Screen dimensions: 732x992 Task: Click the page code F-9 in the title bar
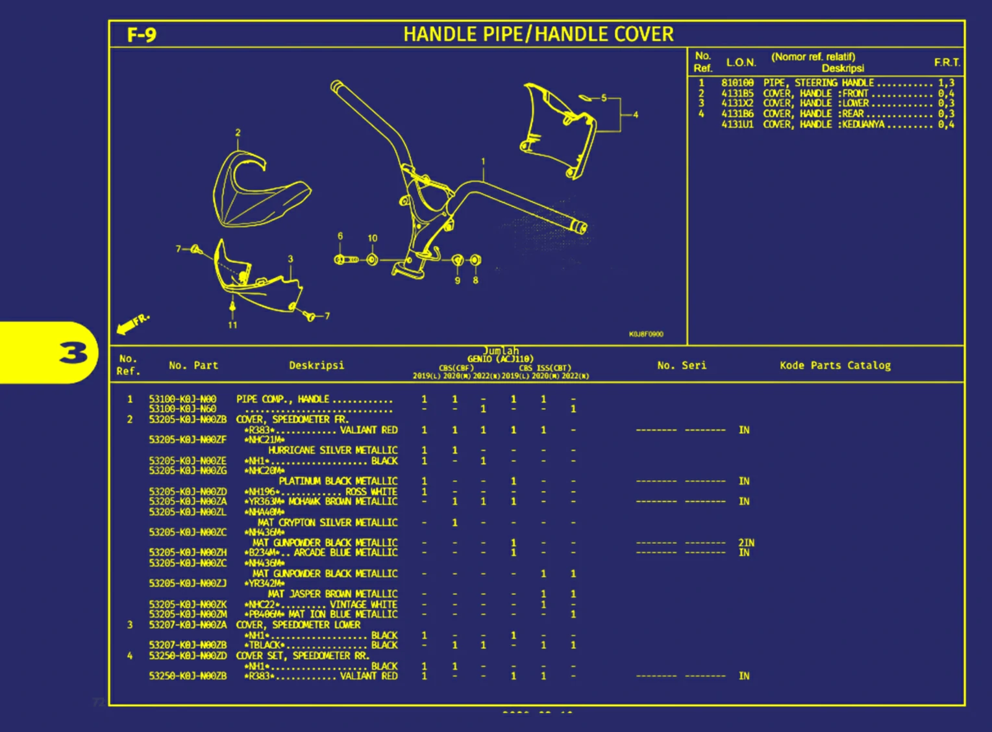(142, 35)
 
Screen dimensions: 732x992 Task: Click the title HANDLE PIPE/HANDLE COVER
(538, 34)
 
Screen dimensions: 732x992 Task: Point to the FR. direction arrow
(132, 323)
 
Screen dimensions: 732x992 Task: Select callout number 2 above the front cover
(238, 133)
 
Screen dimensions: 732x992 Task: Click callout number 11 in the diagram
(232, 325)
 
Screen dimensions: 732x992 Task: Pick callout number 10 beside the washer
(373, 238)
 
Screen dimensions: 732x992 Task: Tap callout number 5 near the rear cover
(604, 98)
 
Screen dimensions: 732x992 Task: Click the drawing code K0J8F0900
(646, 334)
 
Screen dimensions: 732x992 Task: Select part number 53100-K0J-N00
(182, 399)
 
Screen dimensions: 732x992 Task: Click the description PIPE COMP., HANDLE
(282, 399)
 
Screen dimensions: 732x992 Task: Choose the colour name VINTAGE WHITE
(364, 604)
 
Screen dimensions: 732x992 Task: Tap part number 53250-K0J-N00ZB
(188, 676)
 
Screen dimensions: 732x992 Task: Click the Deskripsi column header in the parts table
(316, 365)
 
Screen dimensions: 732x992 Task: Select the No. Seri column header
(681, 365)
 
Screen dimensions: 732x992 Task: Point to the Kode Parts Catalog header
(835, 365)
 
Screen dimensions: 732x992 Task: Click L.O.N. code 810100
(738, 82)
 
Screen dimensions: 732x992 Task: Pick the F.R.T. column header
(947, 62)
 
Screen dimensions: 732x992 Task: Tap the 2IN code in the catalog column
(746, 542)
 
